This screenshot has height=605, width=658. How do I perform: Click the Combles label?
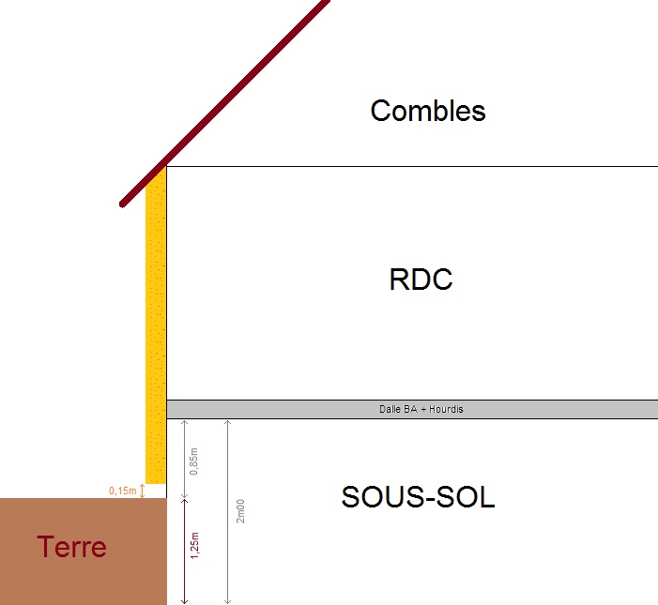[x=428, y=111]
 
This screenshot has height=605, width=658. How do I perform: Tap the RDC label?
[x=421, y=280]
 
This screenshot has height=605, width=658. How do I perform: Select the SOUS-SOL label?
[x=418, y=497]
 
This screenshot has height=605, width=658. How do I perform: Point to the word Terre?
[x=71, y=547]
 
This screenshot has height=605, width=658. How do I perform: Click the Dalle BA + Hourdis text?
[x=414, y=409]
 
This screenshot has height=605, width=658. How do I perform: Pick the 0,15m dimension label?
[x=123, y=491]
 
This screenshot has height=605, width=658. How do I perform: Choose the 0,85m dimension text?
[x=194, y=461]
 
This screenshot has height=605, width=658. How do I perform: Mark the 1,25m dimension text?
[x=194, y=545]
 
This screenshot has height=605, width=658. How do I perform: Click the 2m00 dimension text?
[x=241, y=510]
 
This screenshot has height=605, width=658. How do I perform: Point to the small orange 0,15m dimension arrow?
[x=143, y=491]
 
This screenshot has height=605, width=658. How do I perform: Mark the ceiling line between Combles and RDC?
[x=413, y=166]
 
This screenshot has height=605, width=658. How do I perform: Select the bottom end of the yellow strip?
[x=156, y=480]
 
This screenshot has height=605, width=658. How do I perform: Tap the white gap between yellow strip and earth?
[x=156, y=491]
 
